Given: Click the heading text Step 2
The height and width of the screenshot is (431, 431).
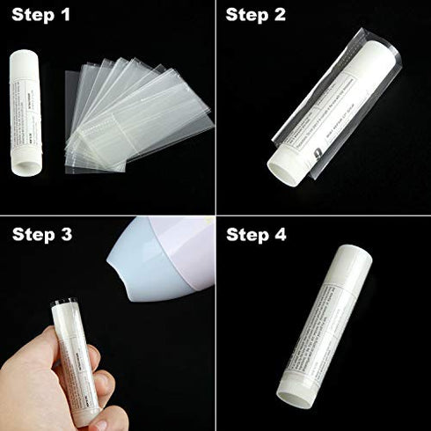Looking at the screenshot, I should click(256, 15).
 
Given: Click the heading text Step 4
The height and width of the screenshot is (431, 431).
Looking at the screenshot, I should click(257, 235).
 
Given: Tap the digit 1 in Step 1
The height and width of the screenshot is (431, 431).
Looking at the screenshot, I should click(65, 15).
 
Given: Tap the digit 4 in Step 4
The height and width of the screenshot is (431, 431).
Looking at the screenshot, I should click(281, 235).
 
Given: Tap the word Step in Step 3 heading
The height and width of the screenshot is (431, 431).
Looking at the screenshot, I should click(33, 235).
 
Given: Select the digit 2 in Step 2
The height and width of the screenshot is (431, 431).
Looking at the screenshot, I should click(281, 15).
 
